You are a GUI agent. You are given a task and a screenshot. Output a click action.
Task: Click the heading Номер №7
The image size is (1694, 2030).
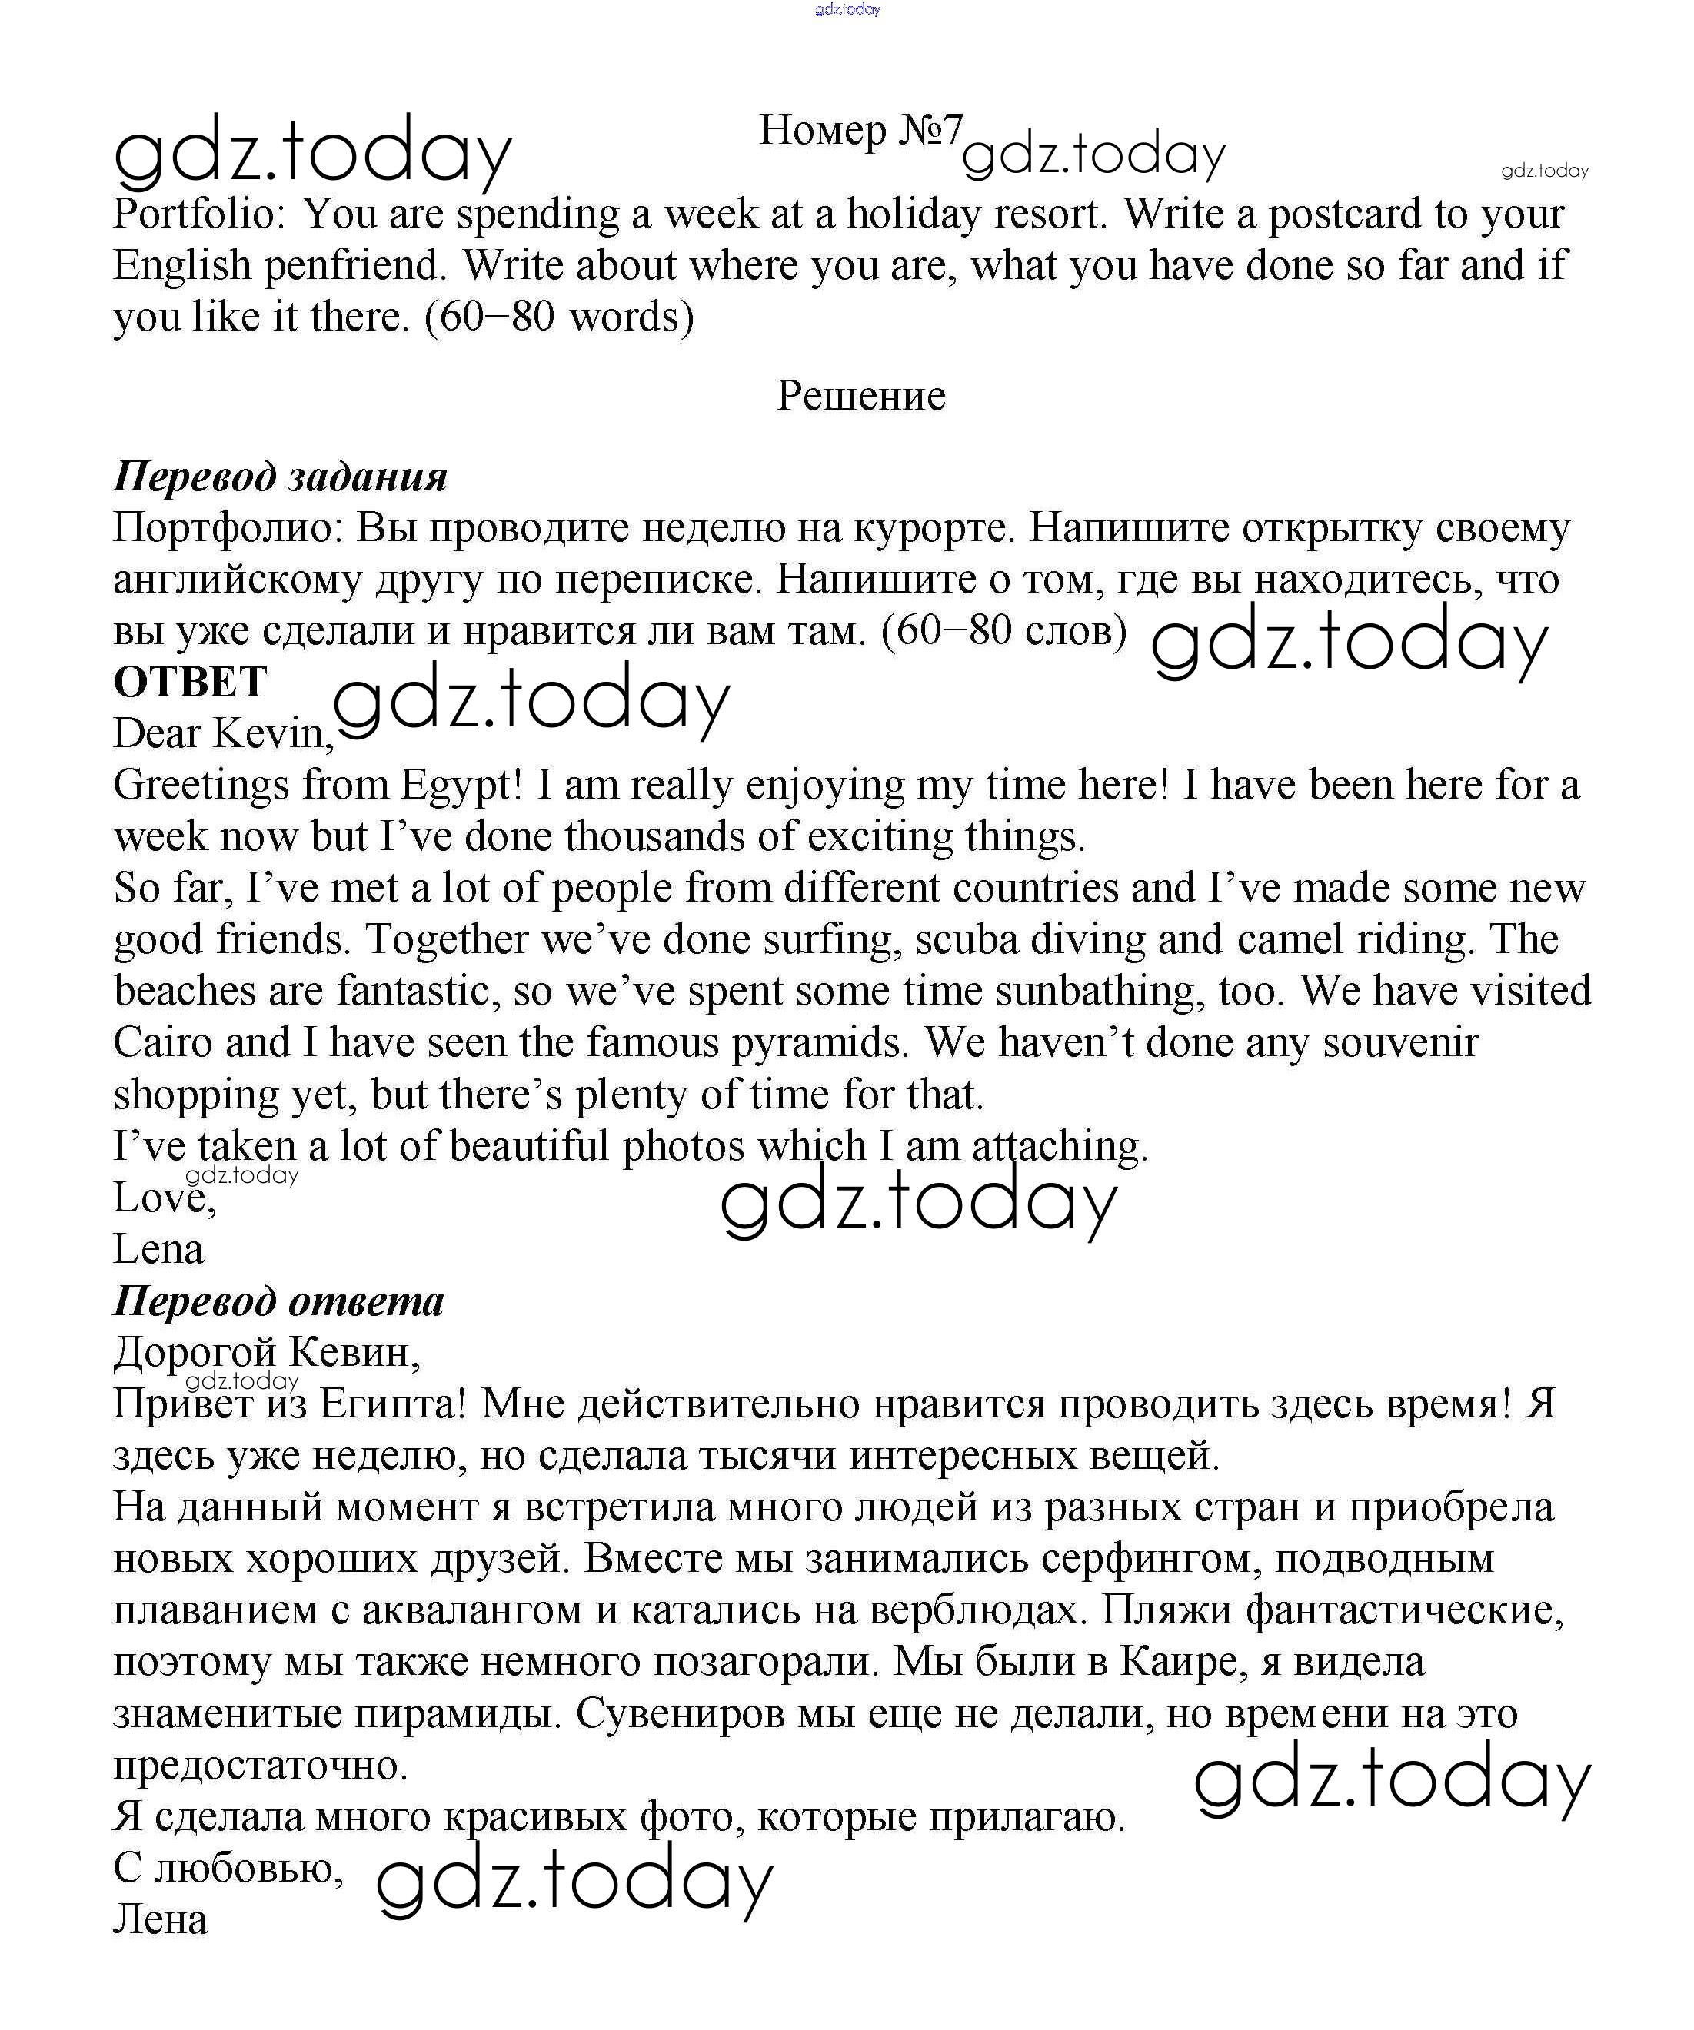click(x=860, y=131)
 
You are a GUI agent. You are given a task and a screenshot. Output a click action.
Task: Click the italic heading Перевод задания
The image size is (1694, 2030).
click(x=281, y=477)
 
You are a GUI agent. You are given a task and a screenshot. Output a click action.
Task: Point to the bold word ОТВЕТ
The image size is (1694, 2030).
click(x=189, y=683)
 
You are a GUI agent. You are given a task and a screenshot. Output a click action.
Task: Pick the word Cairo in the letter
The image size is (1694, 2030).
click(x=161, y=1043)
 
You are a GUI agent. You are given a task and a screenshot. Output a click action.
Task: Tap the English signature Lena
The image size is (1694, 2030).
click(x=158, y=1250)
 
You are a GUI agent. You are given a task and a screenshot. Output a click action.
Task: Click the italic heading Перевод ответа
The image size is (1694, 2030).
click(x=278, y=1302)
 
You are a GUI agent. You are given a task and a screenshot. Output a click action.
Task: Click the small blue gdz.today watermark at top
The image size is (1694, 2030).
click(x=847, y=10)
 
